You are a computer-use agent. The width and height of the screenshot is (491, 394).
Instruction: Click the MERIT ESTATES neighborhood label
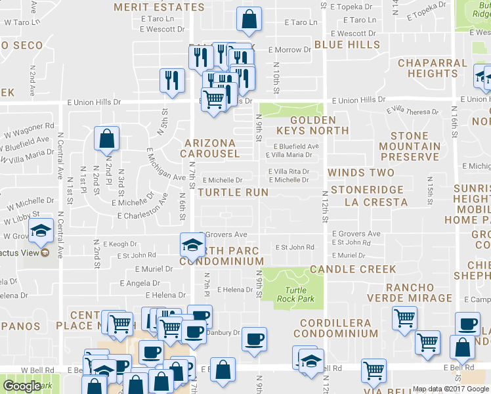(159, 7)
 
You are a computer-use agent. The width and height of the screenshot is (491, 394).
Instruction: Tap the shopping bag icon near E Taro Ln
(249, 20)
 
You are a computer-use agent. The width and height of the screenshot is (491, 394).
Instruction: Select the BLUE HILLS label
(347, 45)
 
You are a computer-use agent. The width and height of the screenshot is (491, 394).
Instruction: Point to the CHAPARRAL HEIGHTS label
(432, 68)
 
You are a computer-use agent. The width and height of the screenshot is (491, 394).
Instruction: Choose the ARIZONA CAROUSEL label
(212, 148)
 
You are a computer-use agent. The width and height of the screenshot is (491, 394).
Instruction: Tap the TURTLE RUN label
(233, 192)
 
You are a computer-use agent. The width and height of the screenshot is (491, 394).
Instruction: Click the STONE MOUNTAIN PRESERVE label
(410, 146)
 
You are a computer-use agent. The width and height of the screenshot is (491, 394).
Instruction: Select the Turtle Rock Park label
(299, 294)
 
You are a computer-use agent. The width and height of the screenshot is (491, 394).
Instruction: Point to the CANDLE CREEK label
(353, 269)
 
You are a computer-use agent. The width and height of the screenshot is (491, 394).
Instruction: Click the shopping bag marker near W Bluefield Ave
(106, 139)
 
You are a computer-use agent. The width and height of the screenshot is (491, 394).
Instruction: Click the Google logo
(22, 386)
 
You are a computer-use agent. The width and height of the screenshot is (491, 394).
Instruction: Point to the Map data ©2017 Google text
(450, 389)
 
